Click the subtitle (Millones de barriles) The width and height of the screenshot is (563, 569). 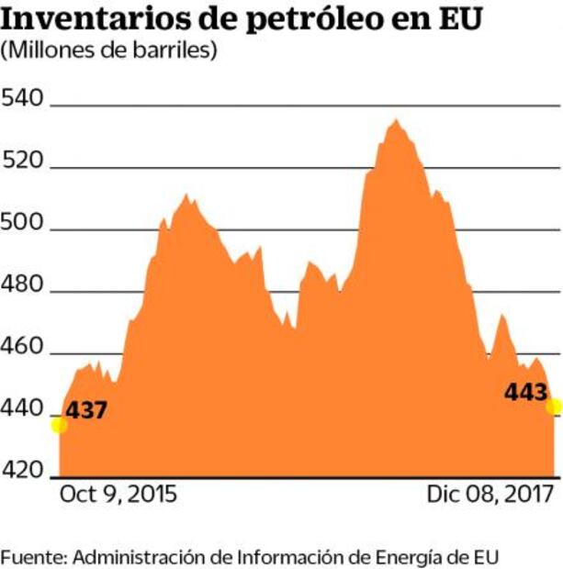tap(109, 51)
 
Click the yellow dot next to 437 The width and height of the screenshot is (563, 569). tap(59, 424)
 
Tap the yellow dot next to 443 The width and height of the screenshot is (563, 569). tap(554, 407)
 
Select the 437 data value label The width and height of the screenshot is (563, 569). tap(86, 410)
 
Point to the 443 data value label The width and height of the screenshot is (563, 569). tap(526, 392)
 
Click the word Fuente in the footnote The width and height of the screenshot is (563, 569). tap(33, 557)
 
